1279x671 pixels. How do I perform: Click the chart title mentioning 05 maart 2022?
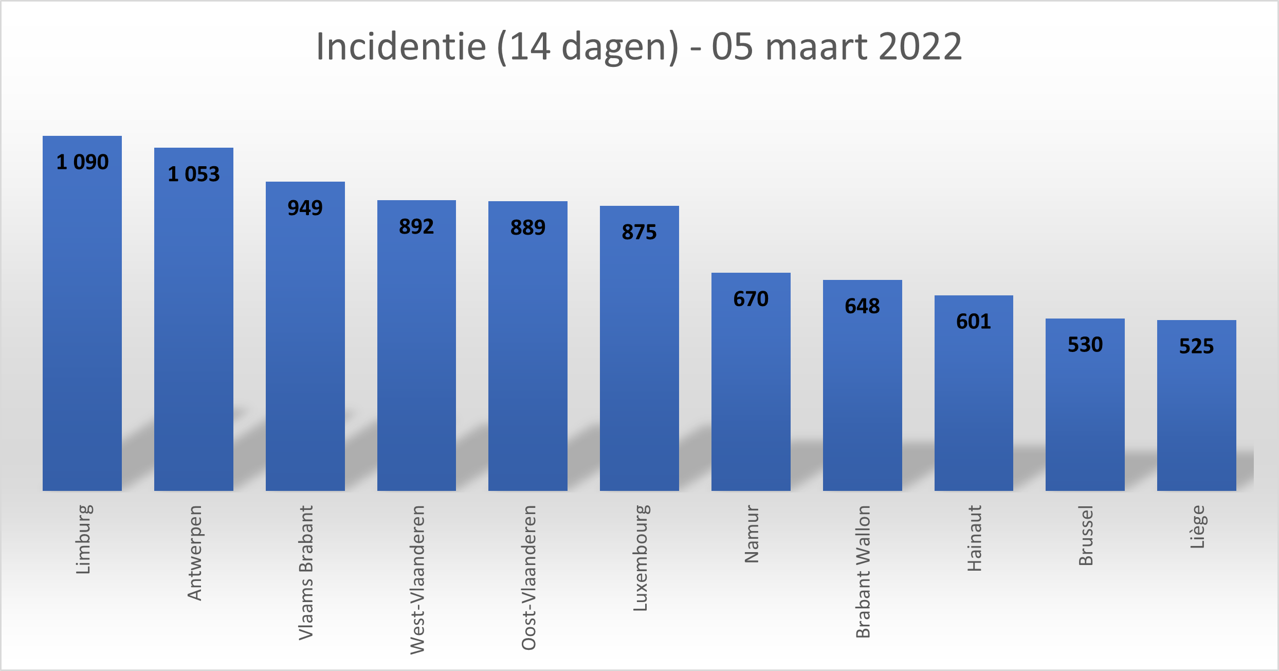click(x=638, y=46)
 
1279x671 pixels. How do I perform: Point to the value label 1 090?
click(x=82, y=162)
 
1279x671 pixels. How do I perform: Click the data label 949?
click(x=305, y=208)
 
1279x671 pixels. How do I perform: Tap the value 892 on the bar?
click(x=416, y=226)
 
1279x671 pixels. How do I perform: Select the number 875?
click(x=639, y=232)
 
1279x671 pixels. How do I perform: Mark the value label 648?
click(x=862, y=306)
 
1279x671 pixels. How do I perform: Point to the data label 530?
click(x=1085, y=345)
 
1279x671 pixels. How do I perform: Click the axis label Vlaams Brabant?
click(x=306, y=572)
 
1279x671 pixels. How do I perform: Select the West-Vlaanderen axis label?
click(x=417, y=579)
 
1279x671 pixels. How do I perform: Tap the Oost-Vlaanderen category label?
click(x=528, y=577)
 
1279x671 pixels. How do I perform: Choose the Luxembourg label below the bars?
click(x=640, y=558)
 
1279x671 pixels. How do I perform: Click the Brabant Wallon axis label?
click(x=863, y=571)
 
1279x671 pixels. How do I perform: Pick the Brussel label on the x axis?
click(x=1086, y=535)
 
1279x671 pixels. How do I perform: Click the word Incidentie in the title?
click(x=401, y=46)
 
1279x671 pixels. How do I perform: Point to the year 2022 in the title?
click(x=920, y=46)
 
